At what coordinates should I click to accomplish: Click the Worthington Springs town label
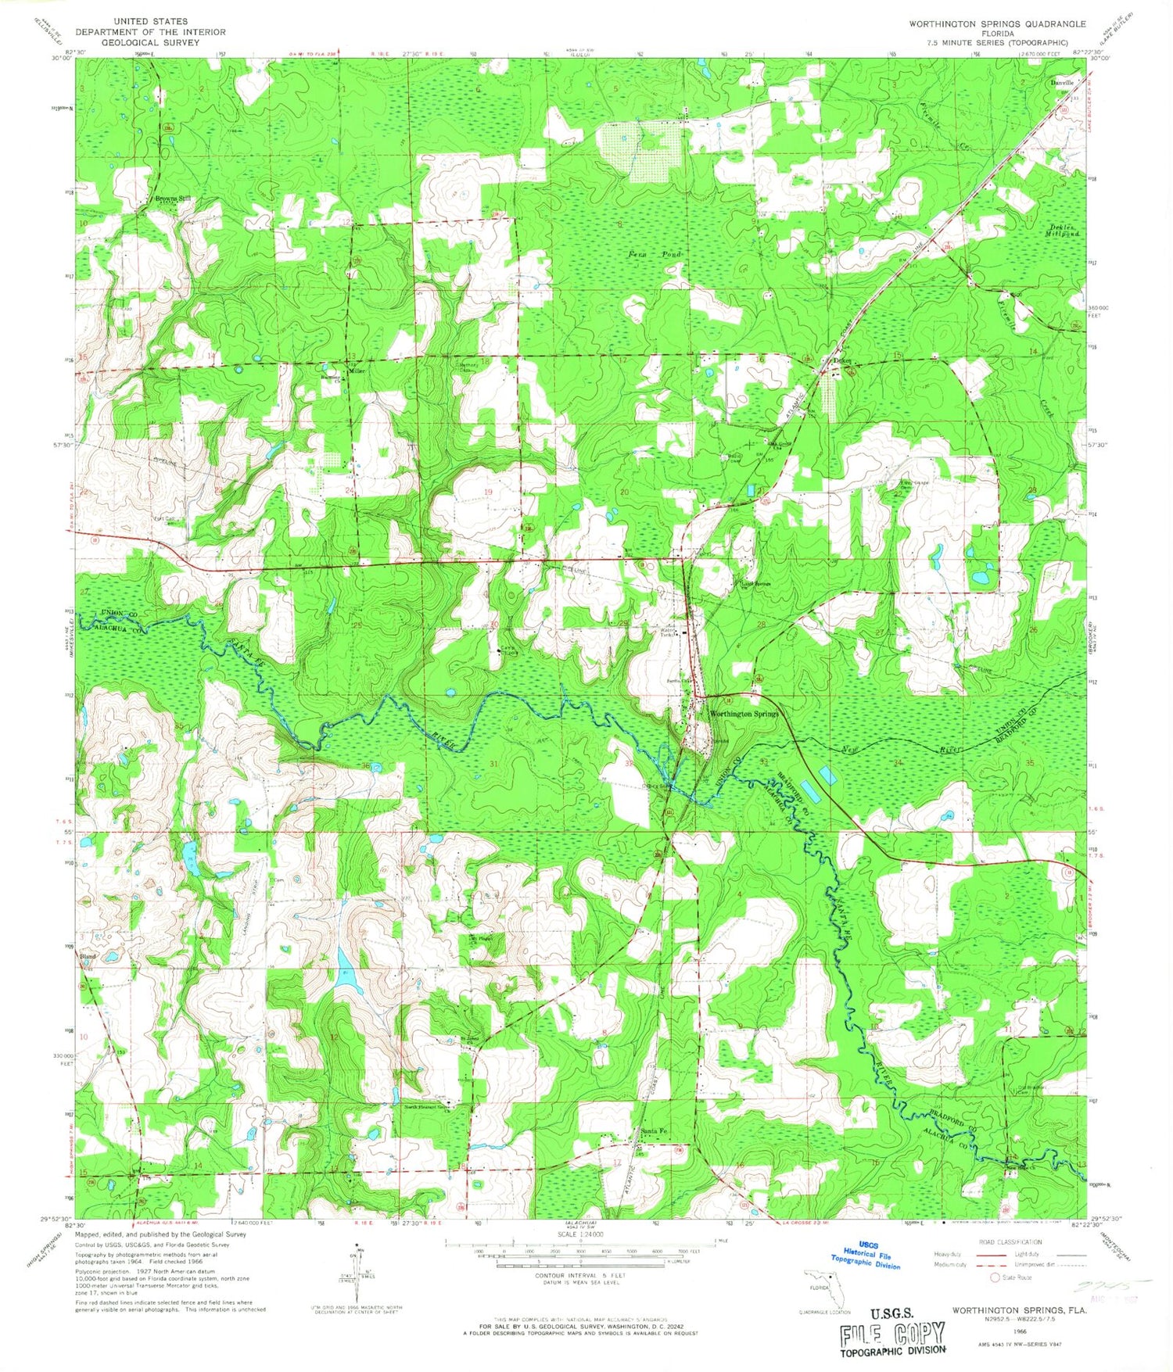pyautogui.click(x=744, y=714)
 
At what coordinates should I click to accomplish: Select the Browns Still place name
pyautogui.click(x=173, y=199)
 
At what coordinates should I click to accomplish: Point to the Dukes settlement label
pyautogui.click(x=841, y=361)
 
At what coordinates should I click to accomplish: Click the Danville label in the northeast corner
pyautogui.click(x=1063, y=82)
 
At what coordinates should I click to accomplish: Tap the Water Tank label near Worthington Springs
pyautogui.click(x=667, y=632)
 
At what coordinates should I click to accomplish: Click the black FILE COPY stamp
pyautogui.click(x=892, y=1334)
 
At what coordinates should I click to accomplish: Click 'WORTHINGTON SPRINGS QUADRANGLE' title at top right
pyautogui.click(x=996, y=24)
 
